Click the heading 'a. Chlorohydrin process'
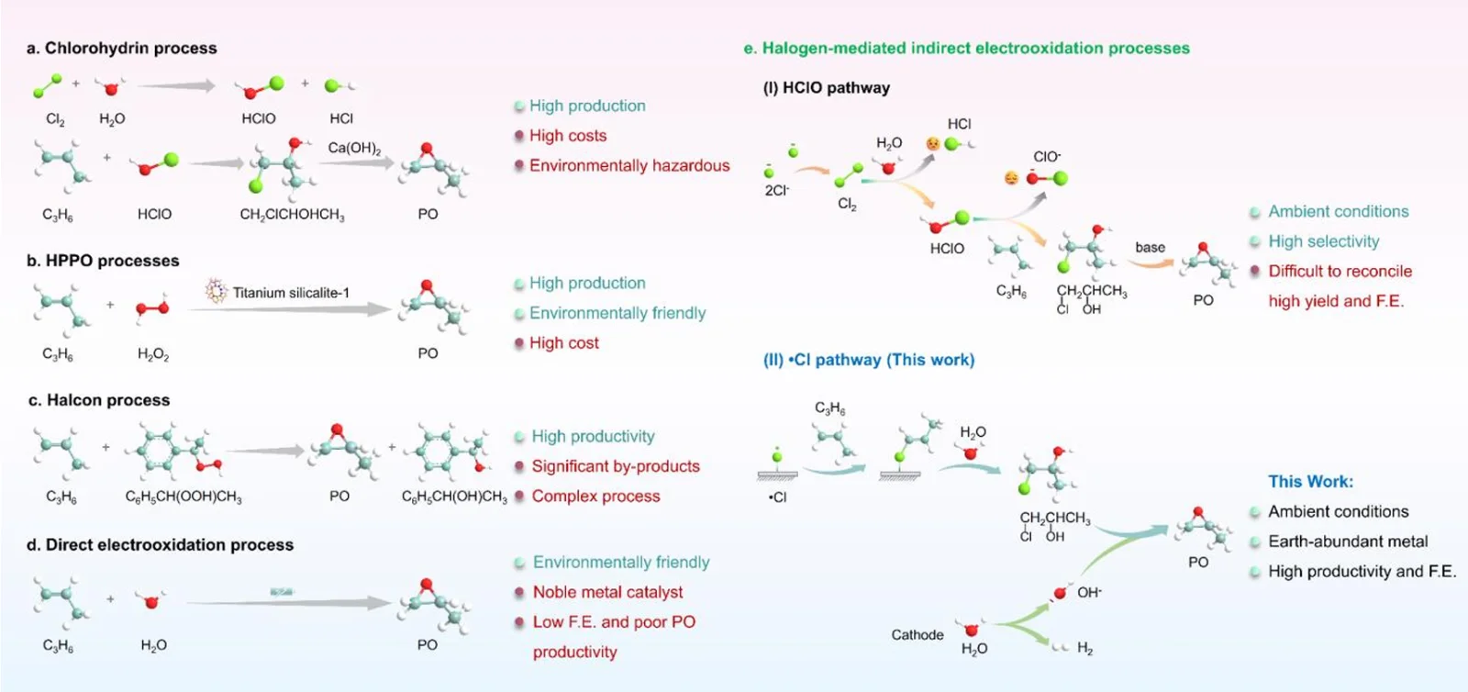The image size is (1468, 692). pyautogui.click(x=122, y=49)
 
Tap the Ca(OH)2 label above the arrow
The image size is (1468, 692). pyautogui.click(x=354, y=148)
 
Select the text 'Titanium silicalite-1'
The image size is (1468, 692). pyautogui.click(x=291, y=293)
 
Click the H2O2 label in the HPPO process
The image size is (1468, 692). pyautogui.click(x=153, y=354)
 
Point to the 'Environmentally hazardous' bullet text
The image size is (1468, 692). pyautogui.click(x=629, y=166)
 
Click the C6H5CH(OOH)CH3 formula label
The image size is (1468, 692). pyautogui.click(x=183, y=497)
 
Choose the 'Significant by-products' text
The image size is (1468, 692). pyautogui.click(x=616, y=466)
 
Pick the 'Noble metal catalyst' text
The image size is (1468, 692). pyautogui.click(x=607, y=592)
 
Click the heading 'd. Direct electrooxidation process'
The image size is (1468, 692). pyautogui.click(x=161, y=545)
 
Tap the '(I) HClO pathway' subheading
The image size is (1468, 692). pyautogui.click(x=827, y=88)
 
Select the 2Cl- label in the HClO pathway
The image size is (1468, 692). pyautogui.click(x=777, y=191)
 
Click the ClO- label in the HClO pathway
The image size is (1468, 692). pyautogui.click(x=1047, y=157)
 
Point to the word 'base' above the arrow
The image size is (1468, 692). pyautogui.click(x=1150, y=248)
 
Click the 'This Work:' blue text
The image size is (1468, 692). pyautogui.click(x=1310, y=482)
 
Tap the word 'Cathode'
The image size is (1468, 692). pyautogui.click(x=917, y=635)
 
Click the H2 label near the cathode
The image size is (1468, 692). pyautogui.click(x=1084, y=649)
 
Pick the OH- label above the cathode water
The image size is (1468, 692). pyautogui.click(x=1089, y=593)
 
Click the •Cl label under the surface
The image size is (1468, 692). pyautogui.click(x=777, y=497)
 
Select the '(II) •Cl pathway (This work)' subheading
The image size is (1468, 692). pyautogui.click(x=869, y=361)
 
